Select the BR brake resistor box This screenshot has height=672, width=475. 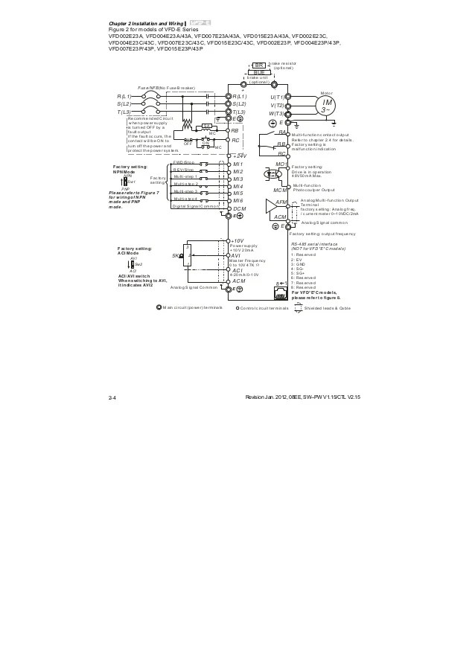coord(259,65)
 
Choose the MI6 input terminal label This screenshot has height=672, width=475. coord(238,201)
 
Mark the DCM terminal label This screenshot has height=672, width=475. coord(239,209)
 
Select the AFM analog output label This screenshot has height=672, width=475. coord(281,202)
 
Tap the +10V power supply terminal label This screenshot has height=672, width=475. coord(238,241)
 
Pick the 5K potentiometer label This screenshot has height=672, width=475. coord(176,255)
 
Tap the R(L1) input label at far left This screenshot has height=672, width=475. coord(124,97)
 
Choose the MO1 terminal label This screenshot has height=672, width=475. coord(281,164)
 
